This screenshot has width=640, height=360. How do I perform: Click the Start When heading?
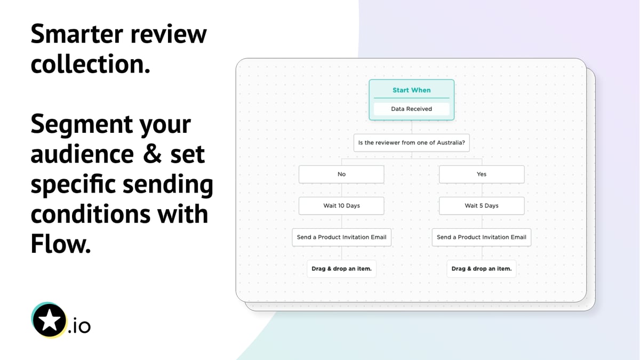[x=411, y=90]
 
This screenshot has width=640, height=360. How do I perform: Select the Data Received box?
[x=411, y=109]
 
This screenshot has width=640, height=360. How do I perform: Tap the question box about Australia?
[x=411, y=143]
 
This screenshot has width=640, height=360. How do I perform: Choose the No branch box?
[x=341, y=174]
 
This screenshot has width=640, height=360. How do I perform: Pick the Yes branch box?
[x=482, y=174]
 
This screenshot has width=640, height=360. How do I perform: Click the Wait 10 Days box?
[x=341, y=206]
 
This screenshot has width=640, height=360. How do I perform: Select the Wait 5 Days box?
[x=482, y=206]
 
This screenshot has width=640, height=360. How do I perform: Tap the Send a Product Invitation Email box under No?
[x=341, y=237]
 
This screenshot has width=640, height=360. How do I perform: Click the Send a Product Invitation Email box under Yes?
[x=482, y=237]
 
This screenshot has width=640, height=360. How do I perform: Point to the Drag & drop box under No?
[x=341, y=269]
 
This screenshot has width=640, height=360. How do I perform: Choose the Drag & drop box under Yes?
[x=482, y=269]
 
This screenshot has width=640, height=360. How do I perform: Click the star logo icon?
[x=49, y=320]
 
